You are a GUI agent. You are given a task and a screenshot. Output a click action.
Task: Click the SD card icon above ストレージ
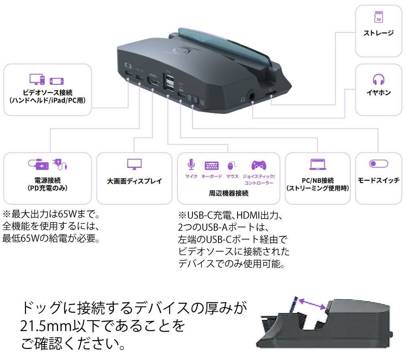click(x=378, y=17)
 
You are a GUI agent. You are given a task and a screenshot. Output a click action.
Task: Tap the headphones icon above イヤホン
click(x=378, y=79)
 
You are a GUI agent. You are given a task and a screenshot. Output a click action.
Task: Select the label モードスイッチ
click(x=378, y=180)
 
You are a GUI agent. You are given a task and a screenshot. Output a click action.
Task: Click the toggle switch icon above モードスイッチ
click(x=378, y=164)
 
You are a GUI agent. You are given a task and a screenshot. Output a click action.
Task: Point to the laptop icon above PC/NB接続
click(x=317, y=164)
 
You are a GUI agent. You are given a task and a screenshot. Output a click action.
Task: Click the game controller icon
click(x=259, y=165)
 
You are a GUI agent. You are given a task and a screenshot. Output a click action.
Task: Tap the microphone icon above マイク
click(x=191, y=165)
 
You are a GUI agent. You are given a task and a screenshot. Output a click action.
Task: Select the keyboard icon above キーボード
click(x=212, y=165)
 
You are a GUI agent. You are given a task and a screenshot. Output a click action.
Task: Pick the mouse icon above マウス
click(x=232, y=165)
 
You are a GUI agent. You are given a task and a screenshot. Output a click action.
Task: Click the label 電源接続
click(x=48, y=180)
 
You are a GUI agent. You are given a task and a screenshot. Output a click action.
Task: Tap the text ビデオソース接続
click(x=48, y=92)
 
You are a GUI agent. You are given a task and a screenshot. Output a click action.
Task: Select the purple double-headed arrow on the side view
click(x=312, y=304)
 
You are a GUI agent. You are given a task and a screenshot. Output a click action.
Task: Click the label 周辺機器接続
click(x=229, y=193)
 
